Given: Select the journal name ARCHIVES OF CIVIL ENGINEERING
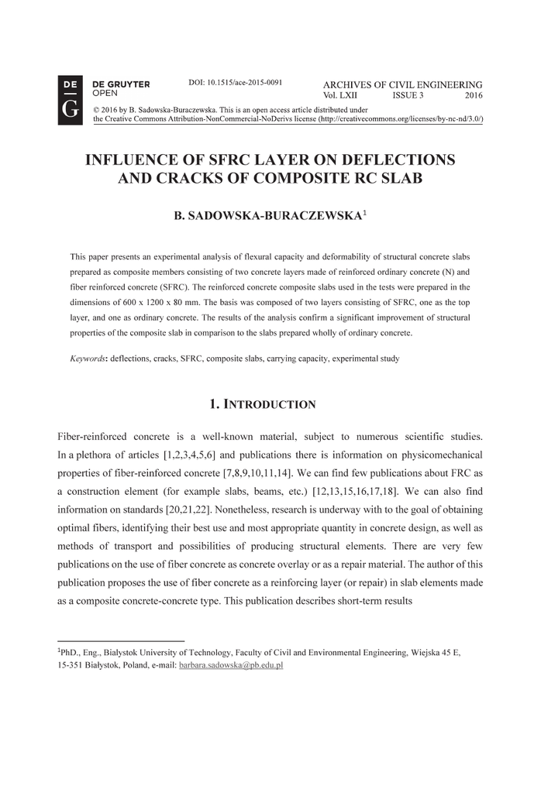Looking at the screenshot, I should click(402, 84).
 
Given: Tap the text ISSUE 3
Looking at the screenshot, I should click(408, 95).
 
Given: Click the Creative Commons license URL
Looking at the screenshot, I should click(398, 120).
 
